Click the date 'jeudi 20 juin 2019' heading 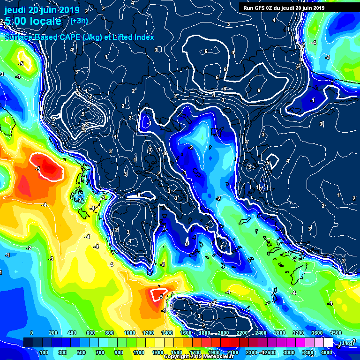pos(42,9)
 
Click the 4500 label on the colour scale pos(335,333)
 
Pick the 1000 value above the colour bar pos(128,333)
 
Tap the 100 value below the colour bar pos(44,352)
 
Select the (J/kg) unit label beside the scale pos(347,343)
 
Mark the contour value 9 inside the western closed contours pos(83,114)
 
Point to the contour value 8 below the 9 pos(86,124)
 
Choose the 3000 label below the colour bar pos(289,352)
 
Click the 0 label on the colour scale pos(31,333)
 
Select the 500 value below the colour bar pos(81,352)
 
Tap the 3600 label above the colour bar pos(316,333)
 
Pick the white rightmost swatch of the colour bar pos(328,343)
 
